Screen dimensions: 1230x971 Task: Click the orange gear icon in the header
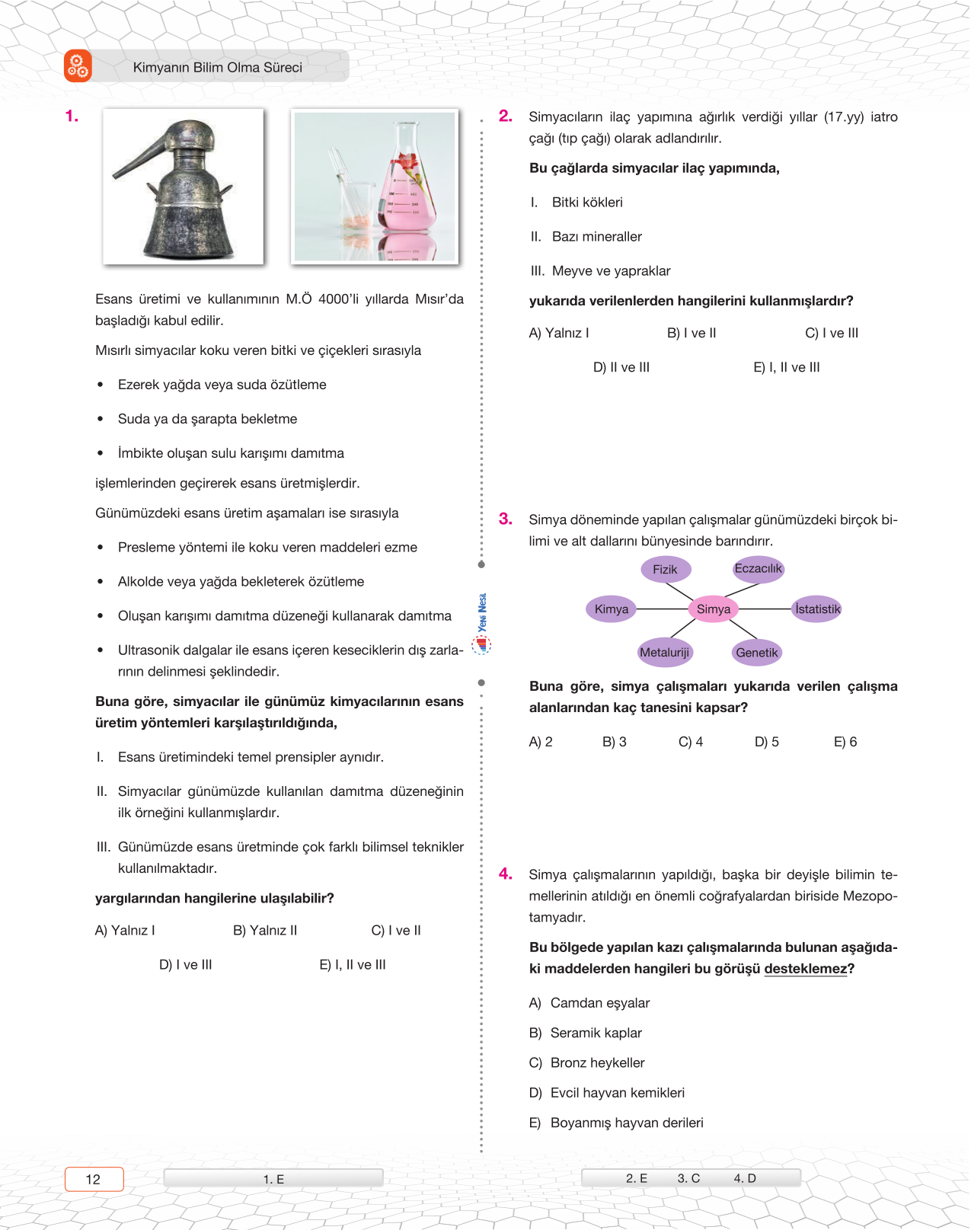click(x=78, y=66)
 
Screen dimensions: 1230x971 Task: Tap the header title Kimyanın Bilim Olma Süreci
click(x=217, y=67)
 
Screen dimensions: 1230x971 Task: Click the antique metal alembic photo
click(x=183, y=187)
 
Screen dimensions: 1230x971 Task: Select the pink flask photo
click(x=375, y=187)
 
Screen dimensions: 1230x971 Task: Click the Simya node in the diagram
click(x=714, y=609)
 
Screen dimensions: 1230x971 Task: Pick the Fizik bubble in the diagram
click(x=665, y=569)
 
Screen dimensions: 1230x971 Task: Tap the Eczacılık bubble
click(x=758, y=568)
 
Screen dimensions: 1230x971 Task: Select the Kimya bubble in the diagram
click(x=612, y=609)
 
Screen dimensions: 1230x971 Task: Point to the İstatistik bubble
click(x=817, y=609)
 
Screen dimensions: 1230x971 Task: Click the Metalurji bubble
click(x=665, y=652)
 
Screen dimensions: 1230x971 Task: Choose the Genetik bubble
click(x=757, y=652)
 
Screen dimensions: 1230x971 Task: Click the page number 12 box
click(x=94, y=1179)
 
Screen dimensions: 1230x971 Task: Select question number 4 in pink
click(x=506, y=874)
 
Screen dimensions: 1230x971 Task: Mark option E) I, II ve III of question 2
click(x=787, y=367)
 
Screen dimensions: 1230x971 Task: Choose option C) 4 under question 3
click(x=691, y=742)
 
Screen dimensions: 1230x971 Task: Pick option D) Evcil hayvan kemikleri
click(x=607, y=1093)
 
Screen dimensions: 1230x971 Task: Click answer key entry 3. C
click(x=688, y=1178)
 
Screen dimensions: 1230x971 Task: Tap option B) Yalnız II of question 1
click(x=265, y=930)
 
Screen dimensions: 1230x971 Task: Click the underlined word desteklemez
click(x=805, y=969)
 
